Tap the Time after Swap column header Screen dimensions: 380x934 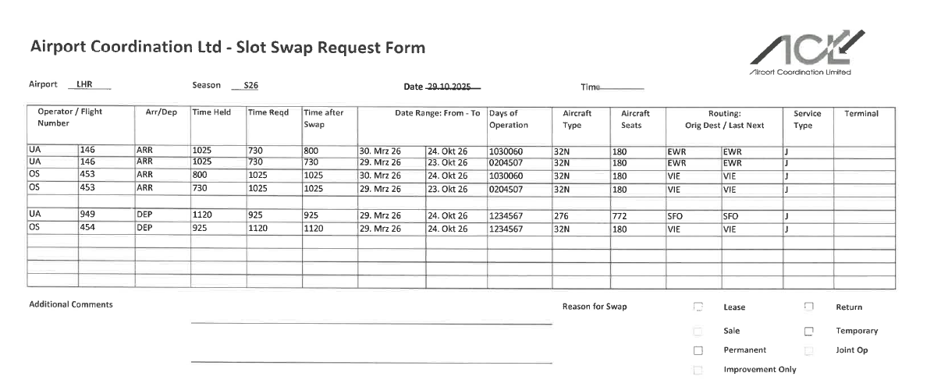coord(325,119)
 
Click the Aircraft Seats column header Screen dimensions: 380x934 coord(635,119)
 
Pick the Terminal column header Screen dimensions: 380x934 coord(861,114)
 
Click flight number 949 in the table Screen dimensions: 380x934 coord(87,214)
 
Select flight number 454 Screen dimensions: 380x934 coord(87,229)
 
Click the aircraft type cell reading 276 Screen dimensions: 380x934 coord(561,215)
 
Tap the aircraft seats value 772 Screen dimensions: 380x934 coord(620,215)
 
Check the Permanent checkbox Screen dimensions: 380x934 coord(698,350)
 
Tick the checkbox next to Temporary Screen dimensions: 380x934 coord(809,332)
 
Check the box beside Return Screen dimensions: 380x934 coord(809,307)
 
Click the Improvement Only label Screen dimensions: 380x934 coord(759,370)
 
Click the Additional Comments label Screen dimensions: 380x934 coord(70,304)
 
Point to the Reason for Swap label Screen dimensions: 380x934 coord(594,307)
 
